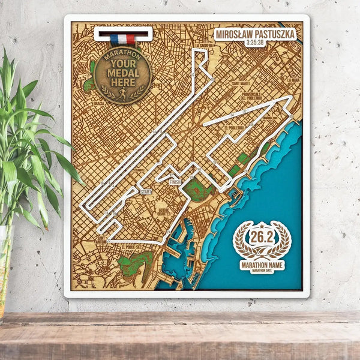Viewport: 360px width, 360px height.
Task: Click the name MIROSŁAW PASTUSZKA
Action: tap(255, 34)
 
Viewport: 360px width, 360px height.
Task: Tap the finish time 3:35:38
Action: tap(255, 43)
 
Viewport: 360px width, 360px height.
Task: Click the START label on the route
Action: tap(146, 191)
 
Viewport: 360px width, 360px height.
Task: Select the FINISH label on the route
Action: tap(175, 182)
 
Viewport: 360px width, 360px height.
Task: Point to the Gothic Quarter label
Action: tap(164, 212)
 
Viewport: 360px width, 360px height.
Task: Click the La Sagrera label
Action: tap(205, 46)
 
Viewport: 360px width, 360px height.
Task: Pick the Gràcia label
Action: tap(98, 103)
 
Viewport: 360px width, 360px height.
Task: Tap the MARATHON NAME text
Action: tap(262, 264)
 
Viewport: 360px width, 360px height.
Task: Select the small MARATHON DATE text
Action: tap(262, 271)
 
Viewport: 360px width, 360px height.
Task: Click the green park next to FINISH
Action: tap(199, 191)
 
